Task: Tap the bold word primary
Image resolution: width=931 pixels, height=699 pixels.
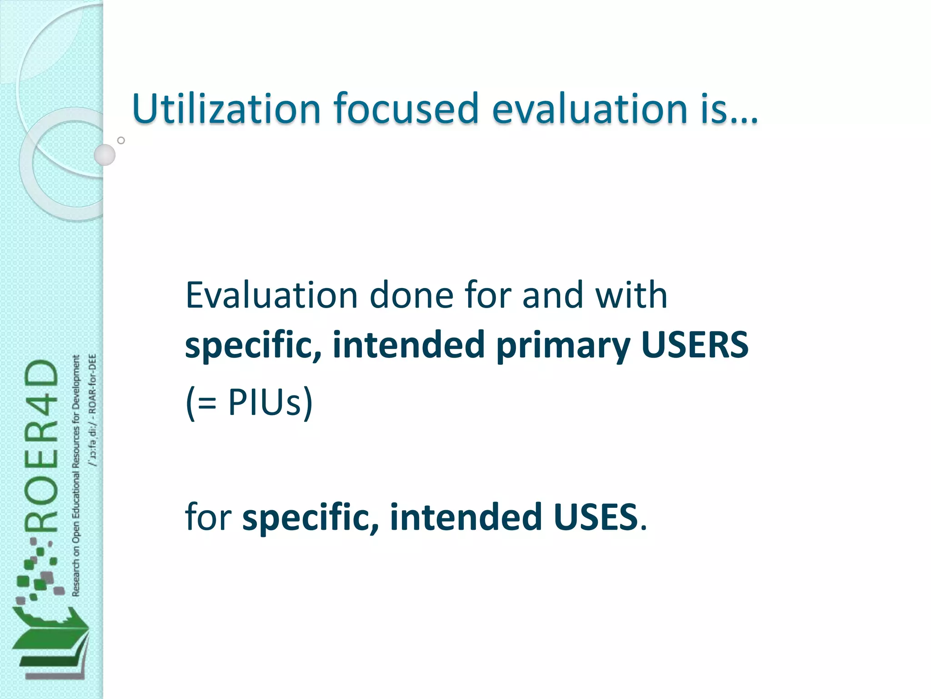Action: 563,346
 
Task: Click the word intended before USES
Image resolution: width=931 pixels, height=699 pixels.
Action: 466,517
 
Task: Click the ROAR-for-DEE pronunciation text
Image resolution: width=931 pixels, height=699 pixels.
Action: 93,410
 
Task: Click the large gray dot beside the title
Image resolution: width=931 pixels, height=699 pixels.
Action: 105,155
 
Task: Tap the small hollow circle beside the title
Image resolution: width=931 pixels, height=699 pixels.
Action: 121,140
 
